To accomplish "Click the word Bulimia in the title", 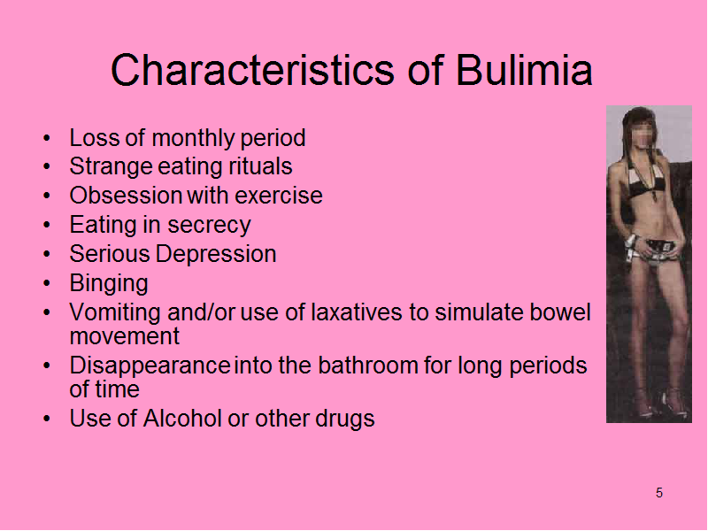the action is [x=524, y=70].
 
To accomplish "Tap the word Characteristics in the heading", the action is [x=253, y=70].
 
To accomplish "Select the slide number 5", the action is [x=659, y=493].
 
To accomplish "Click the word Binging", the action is [x=109, y=283].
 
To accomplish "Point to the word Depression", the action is [x=216, y=254].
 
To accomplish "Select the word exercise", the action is [x=279, y=196].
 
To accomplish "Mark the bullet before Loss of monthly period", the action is [x=47, y=138].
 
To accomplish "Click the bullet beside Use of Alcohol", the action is [x=47, y=419].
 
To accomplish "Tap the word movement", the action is [x=125, y=336].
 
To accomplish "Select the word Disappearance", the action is [x=150, y=366].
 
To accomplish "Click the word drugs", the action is [x=345, y=419].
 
